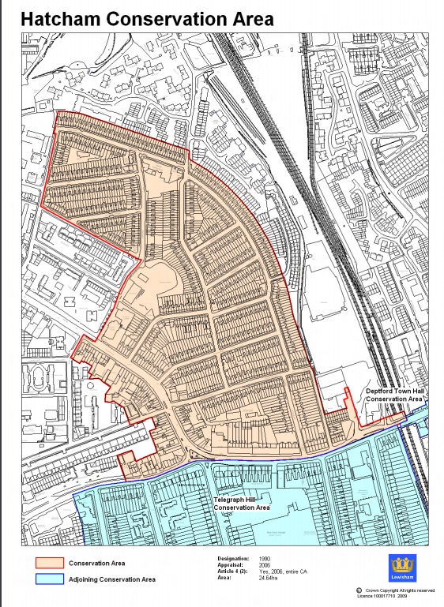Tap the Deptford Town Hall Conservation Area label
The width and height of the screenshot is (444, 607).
click(x=393, y=395)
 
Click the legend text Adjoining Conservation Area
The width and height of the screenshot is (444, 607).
click(x=111, y=579)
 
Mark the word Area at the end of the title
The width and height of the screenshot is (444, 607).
click(x=252, y=20)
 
